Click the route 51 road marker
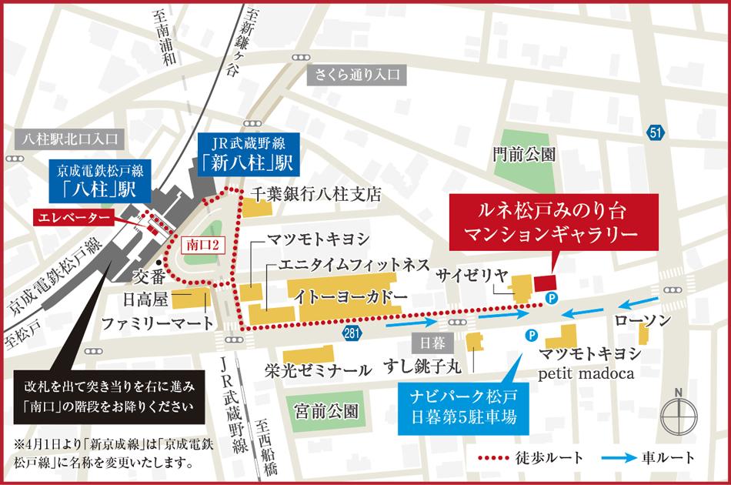click(655, 134)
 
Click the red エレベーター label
click(74, 219)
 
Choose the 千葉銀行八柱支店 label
click(316, 195)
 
